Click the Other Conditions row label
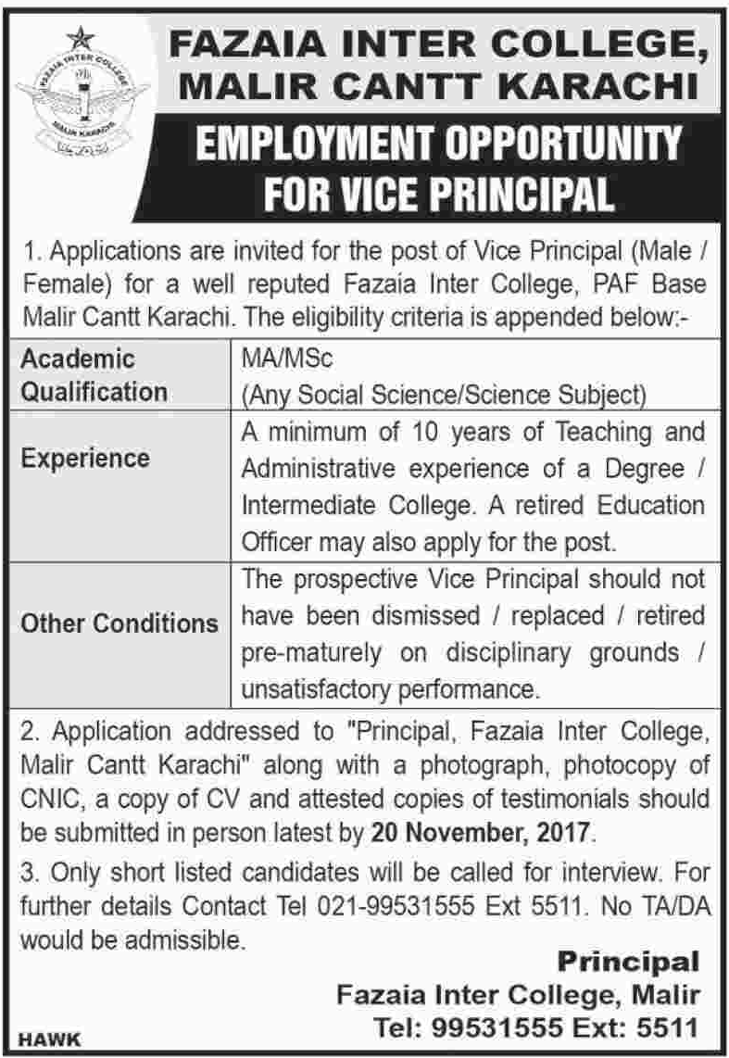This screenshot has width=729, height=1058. tap(119, 623)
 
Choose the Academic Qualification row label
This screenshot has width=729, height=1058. tap(93, 374)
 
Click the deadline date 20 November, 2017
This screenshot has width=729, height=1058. tap(479, 831)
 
